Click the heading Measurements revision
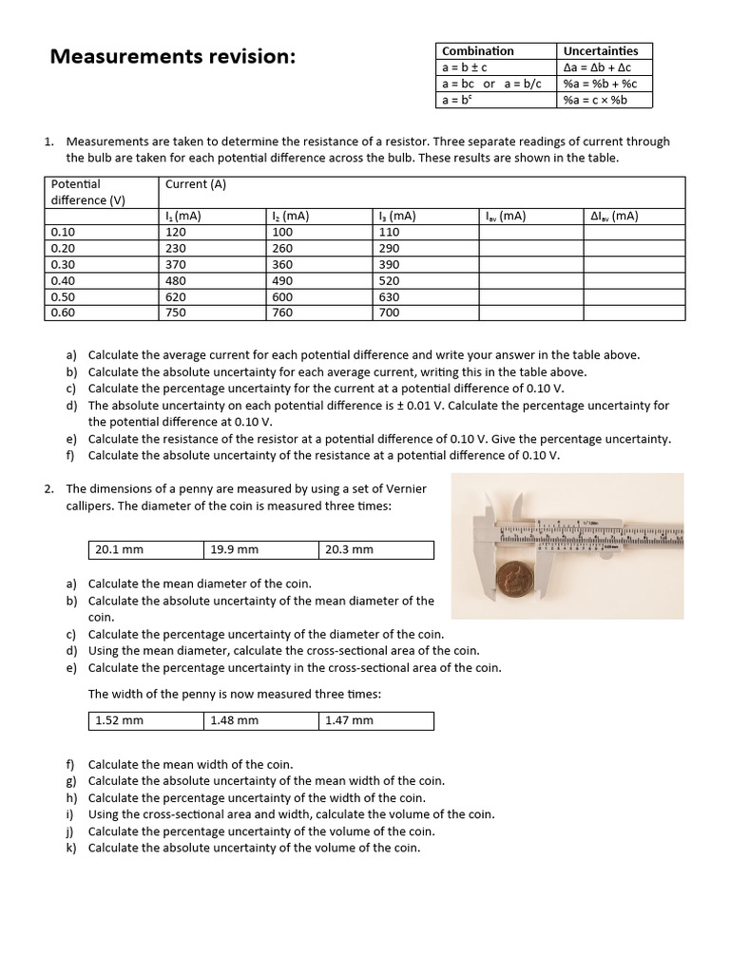[172, 57]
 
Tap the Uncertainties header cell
[601, 51]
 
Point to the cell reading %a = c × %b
[595, 100]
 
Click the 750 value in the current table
[176, 313]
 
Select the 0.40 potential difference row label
[63, 280]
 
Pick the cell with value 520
[389, 280]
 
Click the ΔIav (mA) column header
[614, 216]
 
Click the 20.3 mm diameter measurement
[349, 549]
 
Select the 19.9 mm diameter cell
[234, 549]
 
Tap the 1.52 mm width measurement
[119, 720]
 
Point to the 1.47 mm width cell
[349, 720]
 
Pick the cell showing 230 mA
[176, 248]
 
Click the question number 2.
[48, 488]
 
